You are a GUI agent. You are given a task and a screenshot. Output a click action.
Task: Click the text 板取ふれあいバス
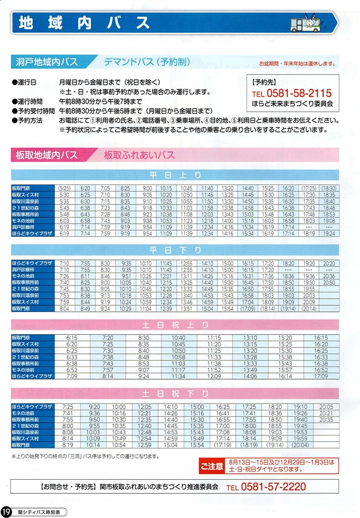click(139, 155)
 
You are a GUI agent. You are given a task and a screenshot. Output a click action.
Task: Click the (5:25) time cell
click(65, 188)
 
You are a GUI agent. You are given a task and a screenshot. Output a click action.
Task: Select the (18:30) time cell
click(329, 188)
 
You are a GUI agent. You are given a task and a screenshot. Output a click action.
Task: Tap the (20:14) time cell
click(309, 308)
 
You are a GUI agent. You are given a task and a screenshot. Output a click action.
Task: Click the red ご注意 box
click(211, 466)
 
